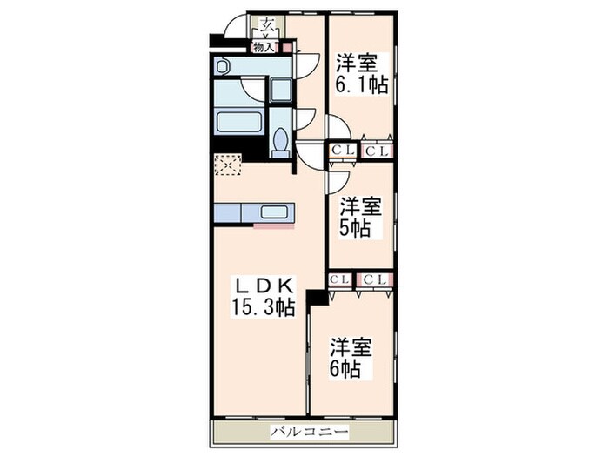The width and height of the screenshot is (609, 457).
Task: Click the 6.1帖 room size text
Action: coord(361,86)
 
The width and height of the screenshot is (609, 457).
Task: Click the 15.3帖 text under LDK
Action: coord(263,307)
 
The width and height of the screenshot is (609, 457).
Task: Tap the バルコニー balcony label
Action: coord(309,433)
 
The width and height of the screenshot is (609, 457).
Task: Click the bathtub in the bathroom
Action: coord(239,120)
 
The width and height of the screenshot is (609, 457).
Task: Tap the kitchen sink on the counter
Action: coord(277,212)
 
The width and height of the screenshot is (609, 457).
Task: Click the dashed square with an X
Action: coord(227,164)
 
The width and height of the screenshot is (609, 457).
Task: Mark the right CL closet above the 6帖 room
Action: coord(376,279)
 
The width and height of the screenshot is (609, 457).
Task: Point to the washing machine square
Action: coord(280,91)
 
